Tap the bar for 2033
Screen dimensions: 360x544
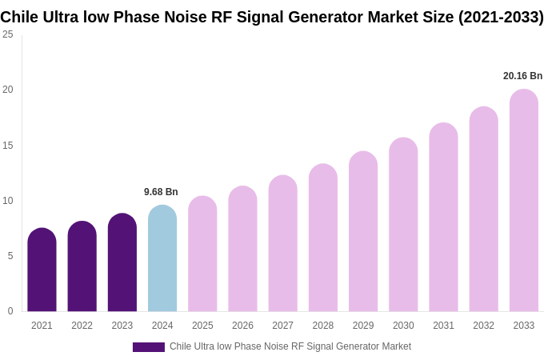click(523, 201)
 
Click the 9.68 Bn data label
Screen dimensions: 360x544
click(161, 192)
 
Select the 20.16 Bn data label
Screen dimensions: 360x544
click(522, 76)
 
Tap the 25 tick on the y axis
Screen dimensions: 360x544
click(8, 34)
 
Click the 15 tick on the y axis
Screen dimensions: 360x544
click(8, 146)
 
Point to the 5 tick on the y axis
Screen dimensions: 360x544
click(10, 256)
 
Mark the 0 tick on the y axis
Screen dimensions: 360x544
click(10, 311)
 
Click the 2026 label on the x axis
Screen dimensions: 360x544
click(242, 326)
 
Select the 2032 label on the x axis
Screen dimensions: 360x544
click(483, 326)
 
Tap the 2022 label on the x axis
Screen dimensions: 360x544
click(82, 326)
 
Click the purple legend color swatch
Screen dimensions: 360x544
click(149, 347)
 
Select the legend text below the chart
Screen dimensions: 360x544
click(290, 346)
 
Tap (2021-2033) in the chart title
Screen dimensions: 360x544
click(500, 17)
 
